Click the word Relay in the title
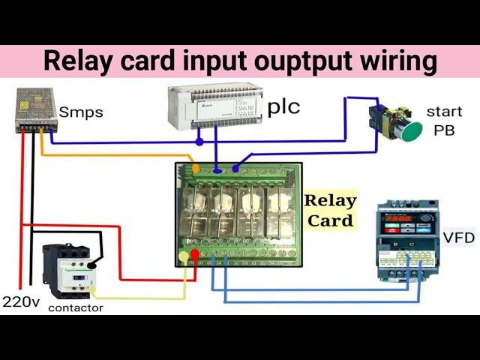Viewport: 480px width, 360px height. [x=77, y=61]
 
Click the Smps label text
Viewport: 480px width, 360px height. [x=81, y=112]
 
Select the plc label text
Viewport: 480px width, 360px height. [x=283, y=107]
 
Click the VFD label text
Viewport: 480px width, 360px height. [x=458, y=238]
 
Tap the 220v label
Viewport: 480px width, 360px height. [x=21, y=302]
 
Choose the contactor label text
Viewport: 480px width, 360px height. [x=76, y=307]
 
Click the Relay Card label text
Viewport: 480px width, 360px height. [x=330, y=210]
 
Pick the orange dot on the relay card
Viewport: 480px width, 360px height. [x=196, y=169]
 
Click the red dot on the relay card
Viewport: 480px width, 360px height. [x=196, y=256]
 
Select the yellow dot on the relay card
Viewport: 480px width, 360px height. [x=184, y=257]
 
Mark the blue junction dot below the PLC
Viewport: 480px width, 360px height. [x=199, y=142]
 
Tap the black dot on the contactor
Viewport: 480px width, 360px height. [x=92, y=265]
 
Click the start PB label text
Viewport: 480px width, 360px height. [x=444, y=120]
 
